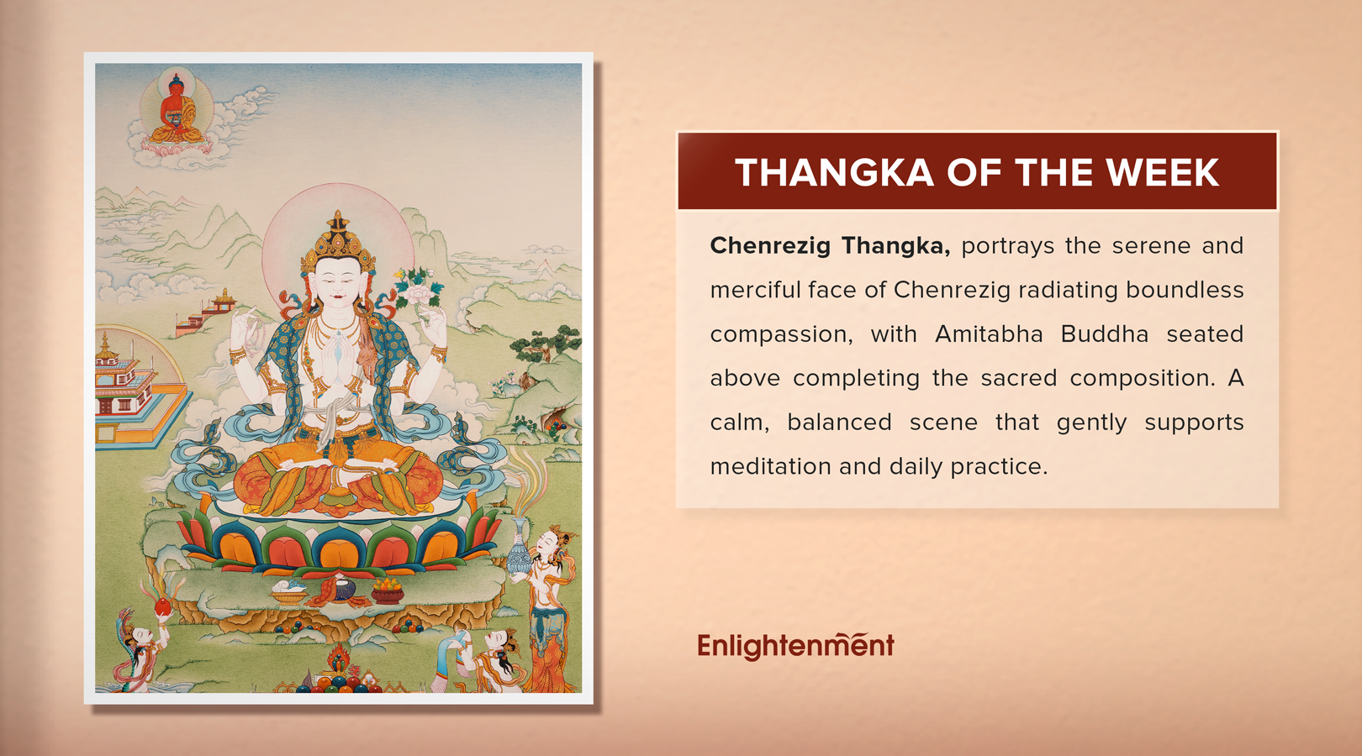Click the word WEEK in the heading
(1162, 173)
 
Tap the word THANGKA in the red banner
(834, 173)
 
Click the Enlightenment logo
(795, 645)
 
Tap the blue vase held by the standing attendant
(519, 550)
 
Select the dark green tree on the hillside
(548, 344)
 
